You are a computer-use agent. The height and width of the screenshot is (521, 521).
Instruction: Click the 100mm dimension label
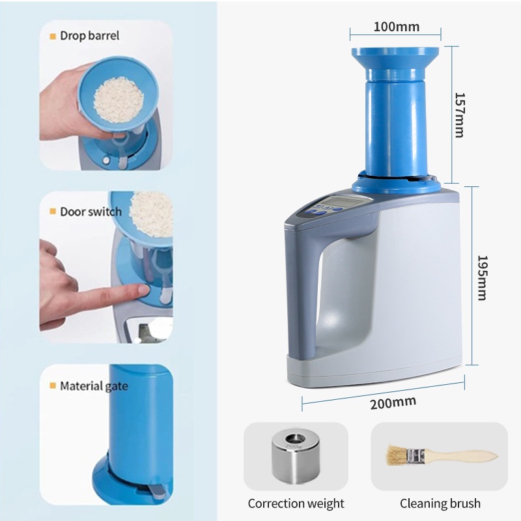point(396,27)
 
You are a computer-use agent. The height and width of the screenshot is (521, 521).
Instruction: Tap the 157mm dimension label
point(459,115)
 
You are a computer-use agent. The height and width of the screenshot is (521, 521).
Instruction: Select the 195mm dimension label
point(482,278)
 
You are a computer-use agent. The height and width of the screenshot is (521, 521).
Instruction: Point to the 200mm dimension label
point(393,402)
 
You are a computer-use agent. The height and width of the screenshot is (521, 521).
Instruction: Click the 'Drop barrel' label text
point(89,36)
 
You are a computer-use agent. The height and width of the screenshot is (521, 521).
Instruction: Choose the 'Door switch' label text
point(91,212)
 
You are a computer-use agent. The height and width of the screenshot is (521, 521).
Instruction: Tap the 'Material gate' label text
point(94,386)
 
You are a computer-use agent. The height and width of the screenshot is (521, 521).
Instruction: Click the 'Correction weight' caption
point(296,503)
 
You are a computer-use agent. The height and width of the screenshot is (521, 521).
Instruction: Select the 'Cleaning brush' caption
point(440,503)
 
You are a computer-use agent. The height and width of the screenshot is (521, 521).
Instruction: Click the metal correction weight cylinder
point(296,457)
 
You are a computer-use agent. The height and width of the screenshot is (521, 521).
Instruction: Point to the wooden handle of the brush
point(462,456)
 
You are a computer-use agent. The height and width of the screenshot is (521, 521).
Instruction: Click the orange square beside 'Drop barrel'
point(53,36)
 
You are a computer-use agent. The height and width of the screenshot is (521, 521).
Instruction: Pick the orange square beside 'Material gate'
point(53,386)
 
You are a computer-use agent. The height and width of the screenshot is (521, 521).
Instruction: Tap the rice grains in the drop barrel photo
point(119,100)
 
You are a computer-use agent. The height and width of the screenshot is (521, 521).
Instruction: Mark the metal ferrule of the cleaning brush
point(416,455)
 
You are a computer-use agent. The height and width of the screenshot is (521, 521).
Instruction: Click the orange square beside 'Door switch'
point(53,211)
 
